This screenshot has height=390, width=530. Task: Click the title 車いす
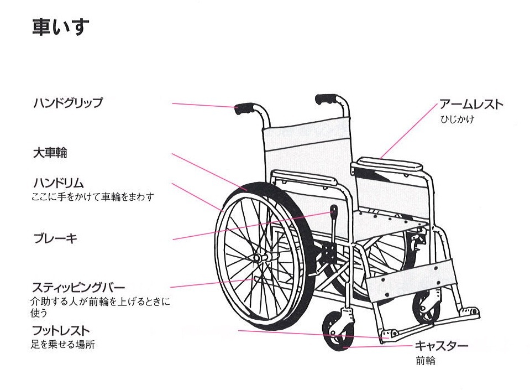coord(60,27)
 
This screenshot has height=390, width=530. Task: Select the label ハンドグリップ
coord(67,103)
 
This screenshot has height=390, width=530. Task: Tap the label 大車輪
coord(50,153)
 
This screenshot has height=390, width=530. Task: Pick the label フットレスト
coord(60,331)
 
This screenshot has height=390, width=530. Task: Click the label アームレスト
coord(471,104)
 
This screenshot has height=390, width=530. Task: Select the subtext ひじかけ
coord(457,119)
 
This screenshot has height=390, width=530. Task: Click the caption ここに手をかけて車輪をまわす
coord(93,196)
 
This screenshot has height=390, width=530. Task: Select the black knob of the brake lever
coord(334,210)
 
